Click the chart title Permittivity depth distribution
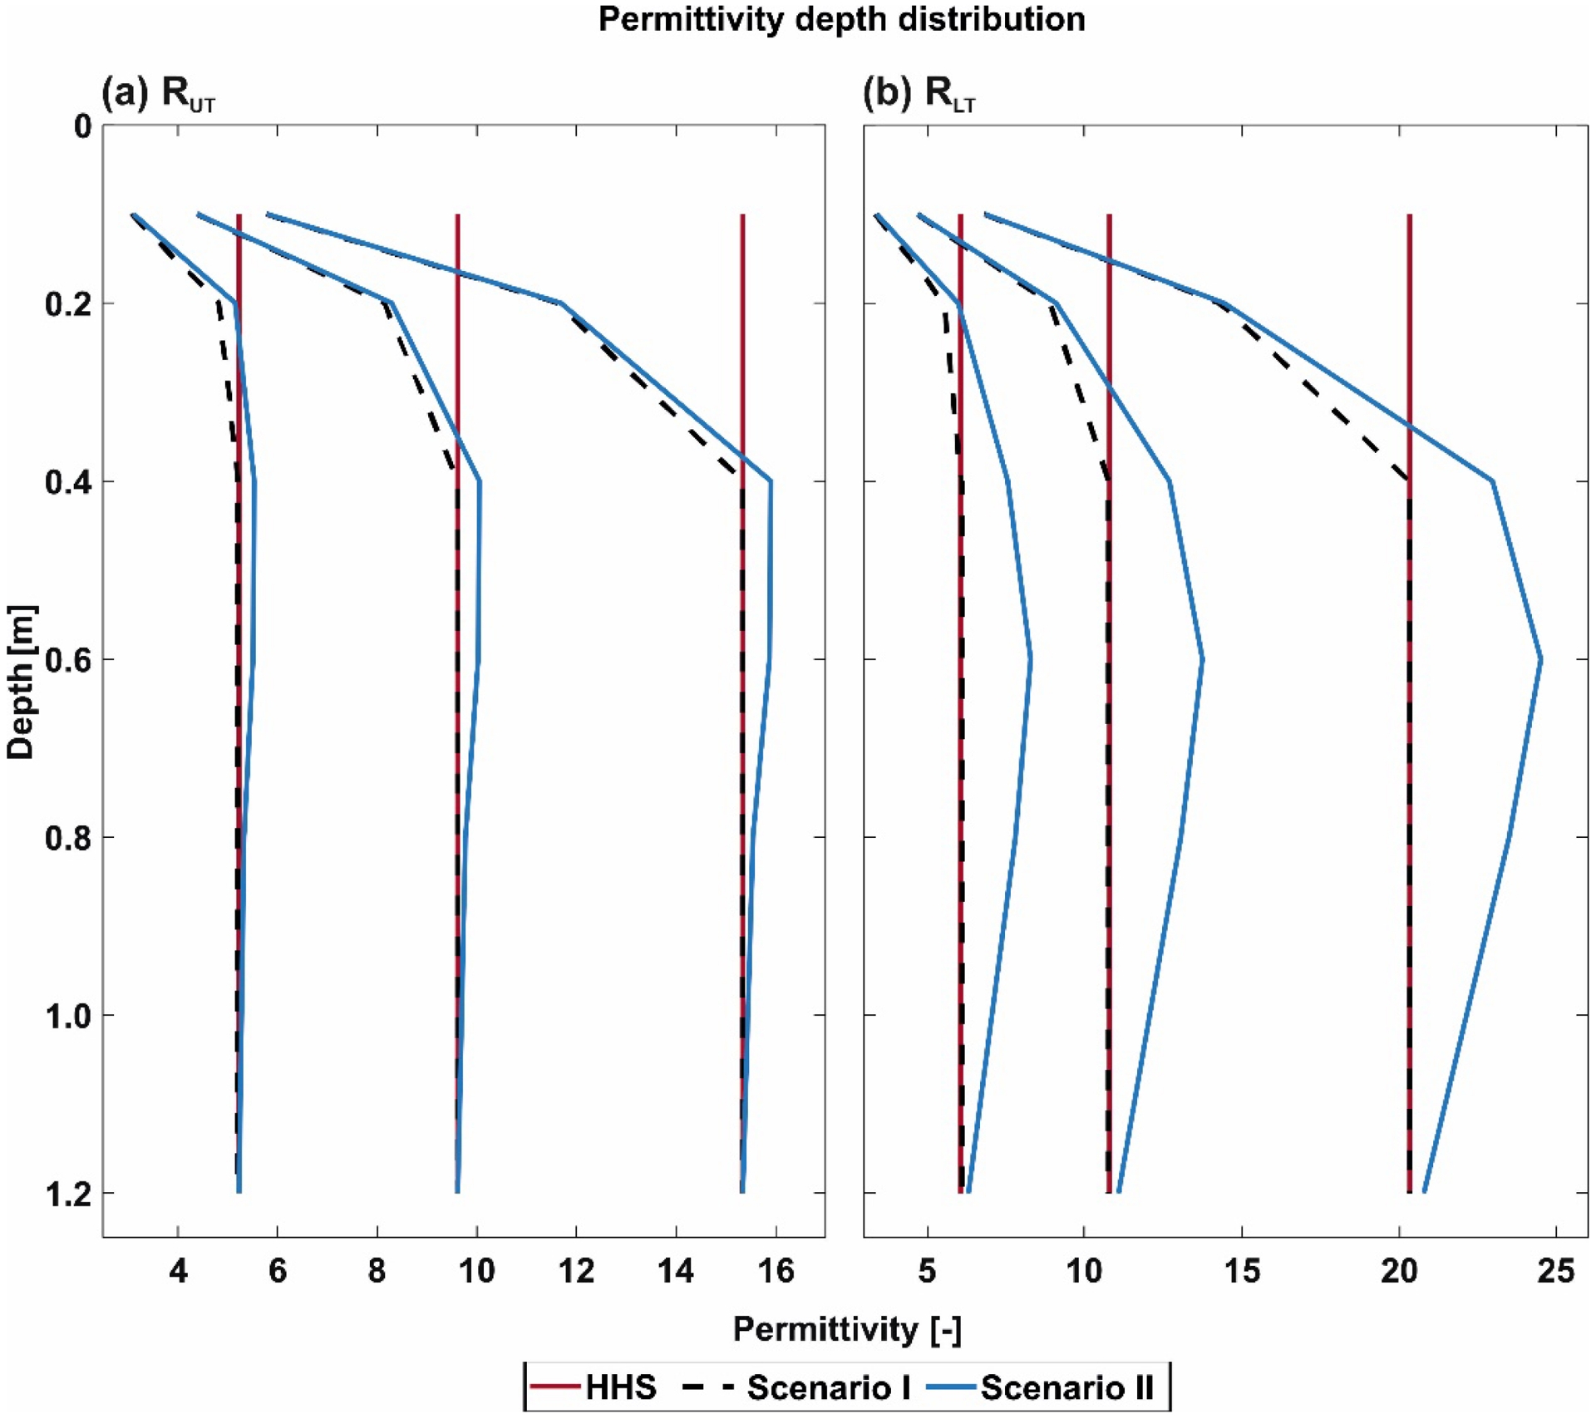(x=841, y=19)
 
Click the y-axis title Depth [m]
(x=21, y=682)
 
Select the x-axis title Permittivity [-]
(x=847, y=1329)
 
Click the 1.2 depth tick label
(x=66, y=1194)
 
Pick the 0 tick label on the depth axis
(x=81, y=126)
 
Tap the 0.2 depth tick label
(x=66, y=304)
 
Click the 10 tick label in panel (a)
(x=476, y=1271)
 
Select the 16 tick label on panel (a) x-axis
(x=776, y=1271)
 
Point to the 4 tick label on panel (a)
(x=178, y=1271)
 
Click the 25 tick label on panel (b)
(x=1556, y=1271)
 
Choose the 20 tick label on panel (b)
(x=1399, y=1271)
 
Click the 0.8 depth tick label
(x=66, y=838)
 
